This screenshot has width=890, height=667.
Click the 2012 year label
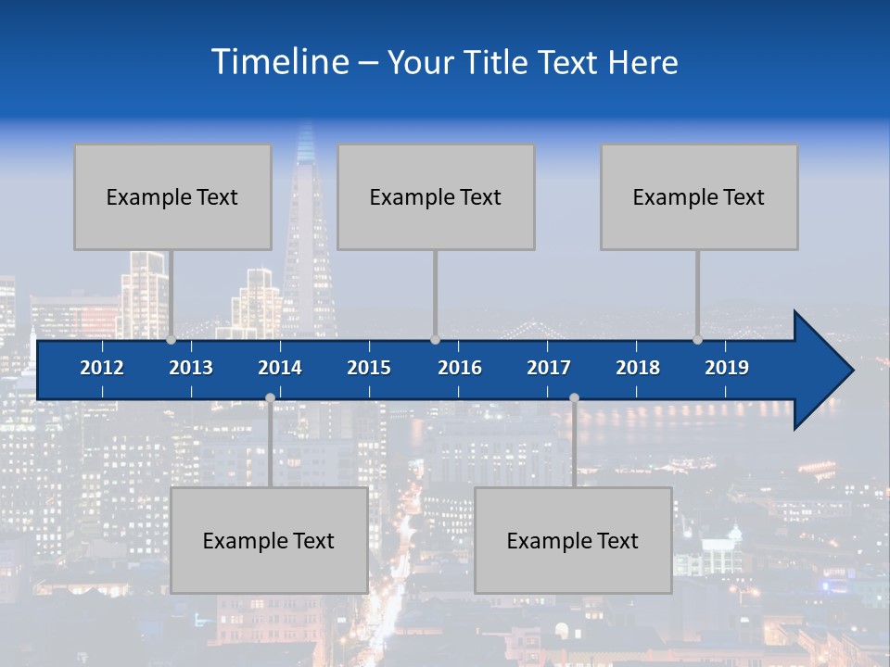click(x=102, y=368)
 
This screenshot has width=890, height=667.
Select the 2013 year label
click(x=191, y=368)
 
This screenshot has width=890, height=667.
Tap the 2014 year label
click(x=280, y=368)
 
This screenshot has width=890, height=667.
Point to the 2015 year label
click(x=369, y=368)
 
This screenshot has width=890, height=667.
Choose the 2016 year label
click(x=460, y=368)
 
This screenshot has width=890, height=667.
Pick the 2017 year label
click(x=549, y=368)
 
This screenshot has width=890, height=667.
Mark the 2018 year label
click(x=638, y=368)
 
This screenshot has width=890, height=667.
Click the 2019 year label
click(x=727, y=368)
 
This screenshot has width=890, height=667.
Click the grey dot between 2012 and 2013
click(x=171, y=339)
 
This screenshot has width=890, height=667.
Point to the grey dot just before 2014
click(x=270, y=397)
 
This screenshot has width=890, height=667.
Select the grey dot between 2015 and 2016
click(x=435, y=339)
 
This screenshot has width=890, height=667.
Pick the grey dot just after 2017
click(x=574, y=397)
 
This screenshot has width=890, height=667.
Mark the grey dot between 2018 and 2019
click(x=697, y=339)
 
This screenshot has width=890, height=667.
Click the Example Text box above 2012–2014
click(x=172, y=196)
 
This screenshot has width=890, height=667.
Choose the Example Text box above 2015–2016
click(x=436, y=196)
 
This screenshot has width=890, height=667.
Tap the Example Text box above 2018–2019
click(x=699, y=196)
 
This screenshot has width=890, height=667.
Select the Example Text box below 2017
click(x=573, y=540)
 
